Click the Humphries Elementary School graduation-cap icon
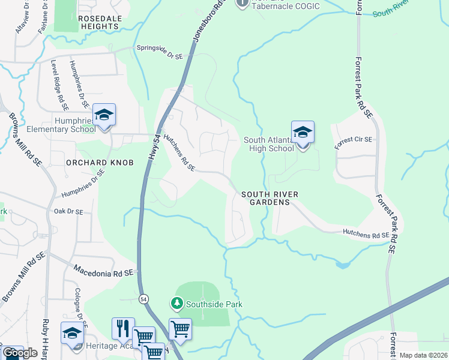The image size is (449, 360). [104, 115]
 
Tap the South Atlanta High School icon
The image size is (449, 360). [303, 133]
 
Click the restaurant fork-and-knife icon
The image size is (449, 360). [123, 328]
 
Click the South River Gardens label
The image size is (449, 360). [266, 199]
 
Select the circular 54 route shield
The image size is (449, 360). [143, 298]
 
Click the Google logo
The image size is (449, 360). [20, 353]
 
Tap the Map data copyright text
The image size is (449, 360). [424, 355]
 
